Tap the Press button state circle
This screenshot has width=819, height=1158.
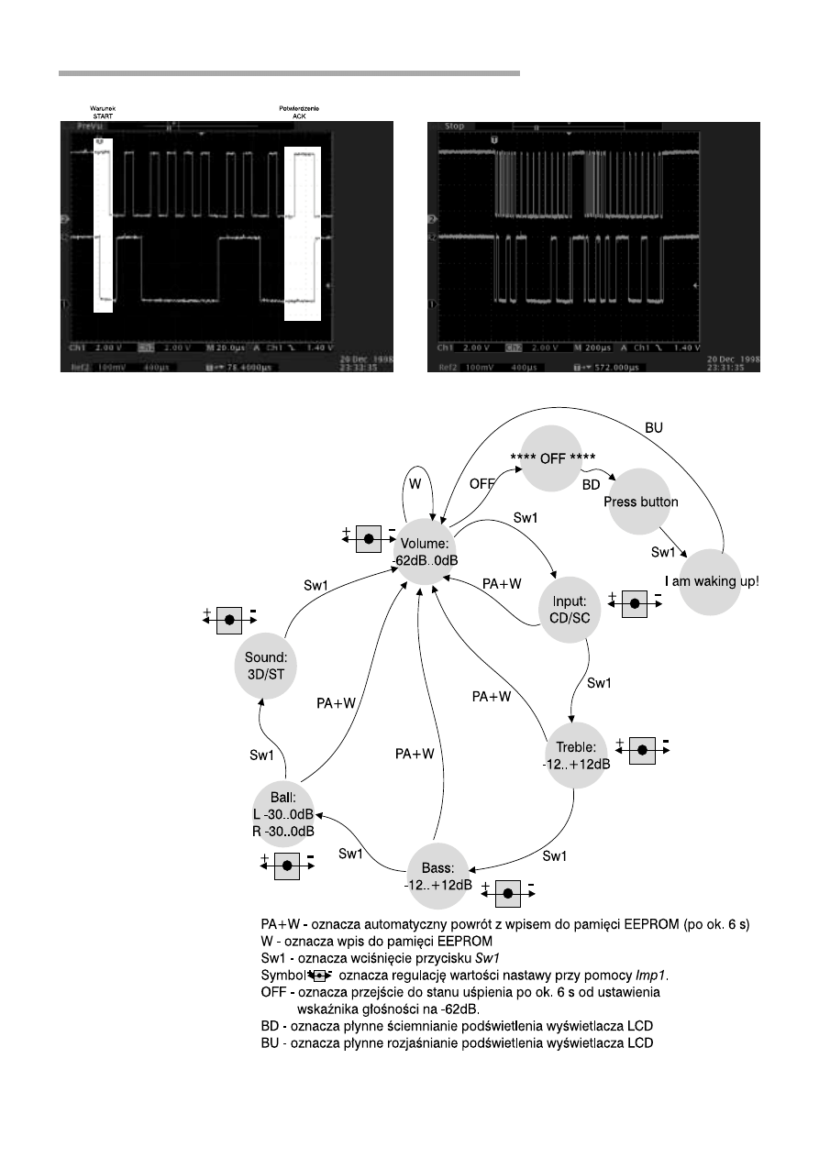(640, 502)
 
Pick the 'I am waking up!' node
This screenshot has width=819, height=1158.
(712, 581)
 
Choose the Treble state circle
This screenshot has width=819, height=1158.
(576, 752)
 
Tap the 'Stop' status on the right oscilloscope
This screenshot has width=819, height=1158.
(454, 126)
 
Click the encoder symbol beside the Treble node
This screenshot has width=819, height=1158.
(642, 749)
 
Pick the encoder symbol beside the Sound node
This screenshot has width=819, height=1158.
(229, 621)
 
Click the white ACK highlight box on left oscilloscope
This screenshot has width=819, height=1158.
(303, 235)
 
